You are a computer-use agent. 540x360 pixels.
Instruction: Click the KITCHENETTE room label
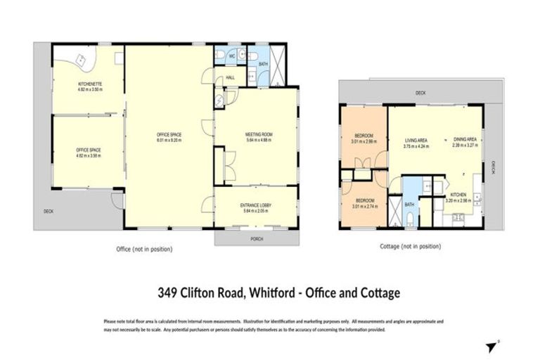[x=90, y=84]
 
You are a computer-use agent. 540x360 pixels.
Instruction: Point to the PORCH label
[x=257, y=237]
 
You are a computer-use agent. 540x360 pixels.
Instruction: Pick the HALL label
[x=229, y=79]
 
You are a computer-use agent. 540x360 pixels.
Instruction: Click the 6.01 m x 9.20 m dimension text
[x=169, y=140]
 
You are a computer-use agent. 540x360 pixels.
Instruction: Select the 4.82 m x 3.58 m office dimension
[x=90, y=155]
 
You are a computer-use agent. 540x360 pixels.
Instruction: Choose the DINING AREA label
[x=465, y=140]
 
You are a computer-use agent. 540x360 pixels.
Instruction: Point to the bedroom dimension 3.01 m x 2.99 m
[x=364, y=141]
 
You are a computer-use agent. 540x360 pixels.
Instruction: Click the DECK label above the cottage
[x=420, y=93]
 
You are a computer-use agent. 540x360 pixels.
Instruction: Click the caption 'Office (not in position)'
[x=144, y=249]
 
